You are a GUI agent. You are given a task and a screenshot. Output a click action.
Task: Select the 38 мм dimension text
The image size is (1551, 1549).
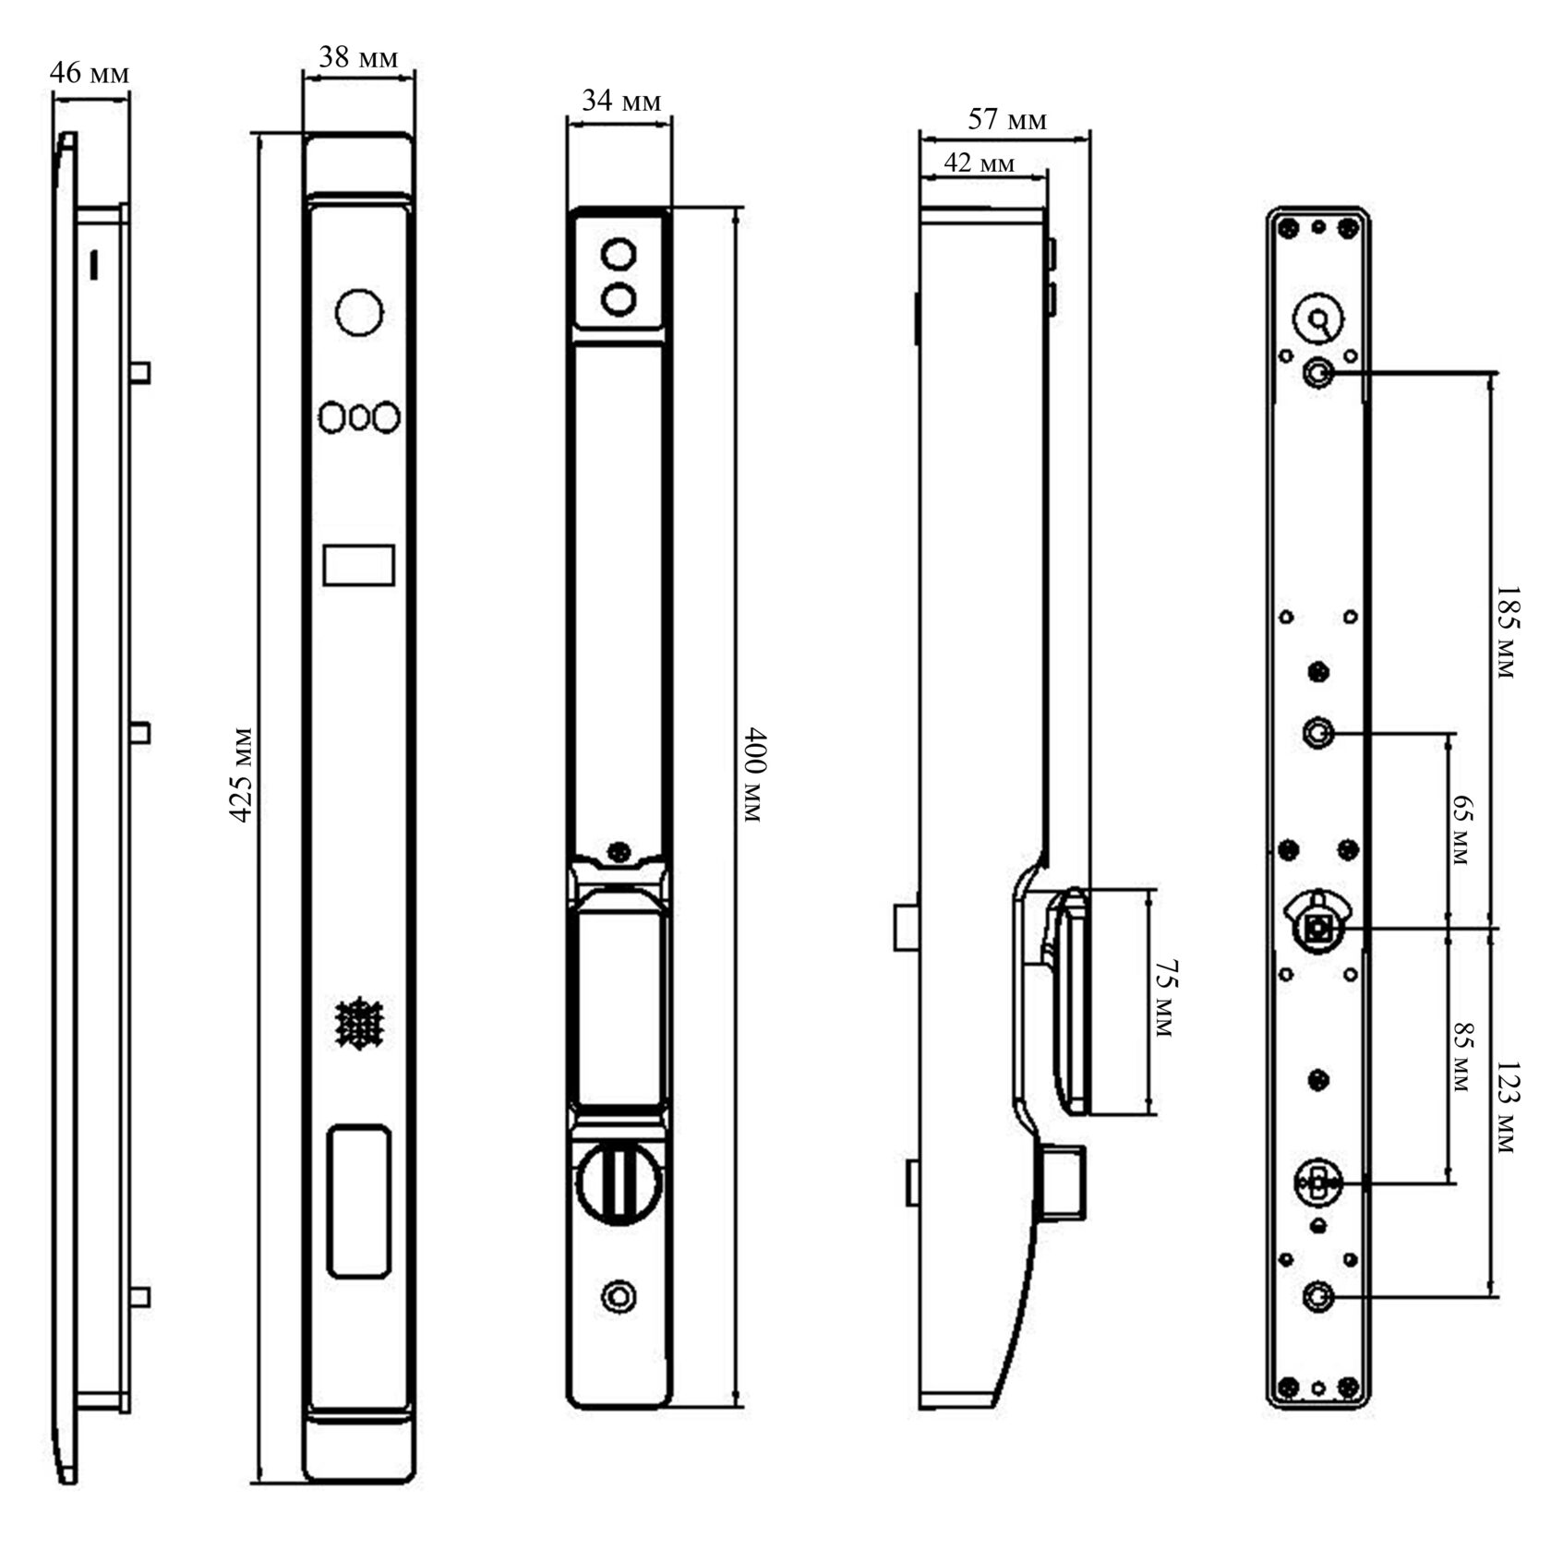(359, 58)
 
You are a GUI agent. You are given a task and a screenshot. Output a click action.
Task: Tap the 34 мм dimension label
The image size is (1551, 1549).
(621, 101)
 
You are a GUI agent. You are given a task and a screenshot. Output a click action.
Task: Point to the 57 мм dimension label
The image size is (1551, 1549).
(1007, 119)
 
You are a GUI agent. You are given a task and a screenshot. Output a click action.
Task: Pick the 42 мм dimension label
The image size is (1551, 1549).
(979, 163)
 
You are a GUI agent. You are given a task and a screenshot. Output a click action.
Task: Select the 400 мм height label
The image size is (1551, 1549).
(753, 775)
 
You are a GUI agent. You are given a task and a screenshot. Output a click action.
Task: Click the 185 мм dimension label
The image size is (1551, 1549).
(1505, 631)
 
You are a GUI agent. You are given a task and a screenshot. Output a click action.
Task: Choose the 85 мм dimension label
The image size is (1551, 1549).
(1460, 1056)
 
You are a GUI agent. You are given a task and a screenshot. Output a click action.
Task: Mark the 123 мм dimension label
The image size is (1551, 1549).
(1505, 1107)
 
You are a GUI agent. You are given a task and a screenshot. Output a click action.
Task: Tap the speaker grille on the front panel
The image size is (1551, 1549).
(358, 1023)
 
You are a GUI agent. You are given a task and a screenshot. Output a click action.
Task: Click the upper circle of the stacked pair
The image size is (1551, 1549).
(619, 254)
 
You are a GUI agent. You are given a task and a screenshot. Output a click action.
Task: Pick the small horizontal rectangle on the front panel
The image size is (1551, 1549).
(359, 564)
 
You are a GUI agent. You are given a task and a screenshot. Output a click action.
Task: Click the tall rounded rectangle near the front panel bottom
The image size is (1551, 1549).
(358, 1201)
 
